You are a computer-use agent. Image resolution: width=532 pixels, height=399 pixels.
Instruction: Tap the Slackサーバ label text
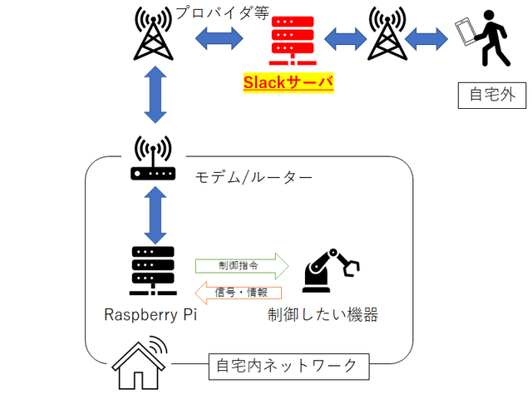288,82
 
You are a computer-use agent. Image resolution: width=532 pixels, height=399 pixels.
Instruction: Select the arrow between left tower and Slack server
219,38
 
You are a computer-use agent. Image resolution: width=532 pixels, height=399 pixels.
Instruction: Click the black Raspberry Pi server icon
153,269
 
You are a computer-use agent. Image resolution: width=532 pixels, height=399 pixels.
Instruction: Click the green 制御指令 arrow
241,266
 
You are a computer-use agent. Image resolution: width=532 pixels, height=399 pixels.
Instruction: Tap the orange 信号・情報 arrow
239,292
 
